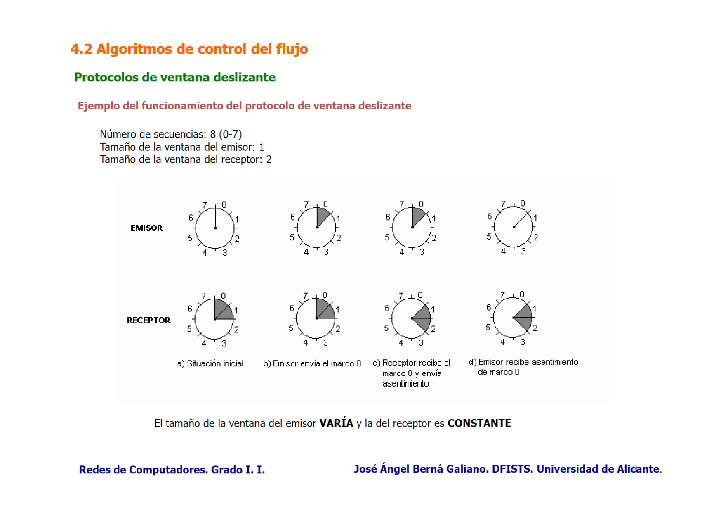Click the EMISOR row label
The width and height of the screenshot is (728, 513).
(146, 228)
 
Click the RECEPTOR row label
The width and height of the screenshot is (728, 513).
(148, 320)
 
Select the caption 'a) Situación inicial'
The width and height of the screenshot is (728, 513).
(210, 363)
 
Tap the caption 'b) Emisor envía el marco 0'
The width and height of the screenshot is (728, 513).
(312, 363)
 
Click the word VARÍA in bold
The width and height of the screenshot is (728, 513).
(336, 423)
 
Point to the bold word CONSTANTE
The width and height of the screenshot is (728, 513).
(479, 423)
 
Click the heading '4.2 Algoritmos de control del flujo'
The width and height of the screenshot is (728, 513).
(189, 49)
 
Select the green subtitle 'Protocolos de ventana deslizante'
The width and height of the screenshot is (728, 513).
(174, 77)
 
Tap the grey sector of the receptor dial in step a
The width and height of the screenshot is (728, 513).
(223, 310)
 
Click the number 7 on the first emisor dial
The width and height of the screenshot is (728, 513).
(205, 205)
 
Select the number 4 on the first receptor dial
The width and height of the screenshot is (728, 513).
(204, 343)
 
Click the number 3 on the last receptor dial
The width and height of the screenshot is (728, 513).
(523, 342)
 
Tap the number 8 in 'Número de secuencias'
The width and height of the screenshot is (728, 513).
(213, 134)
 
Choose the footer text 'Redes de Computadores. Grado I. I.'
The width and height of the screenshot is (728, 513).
(172, 470)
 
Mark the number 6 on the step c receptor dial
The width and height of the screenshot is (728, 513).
(387, 308)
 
